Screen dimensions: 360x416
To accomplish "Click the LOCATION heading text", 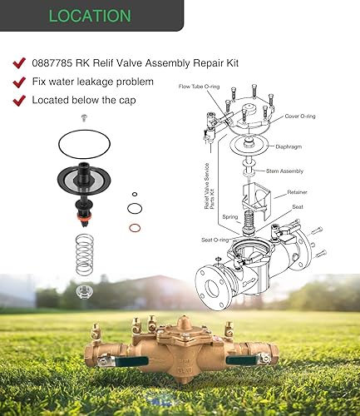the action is (90, 16).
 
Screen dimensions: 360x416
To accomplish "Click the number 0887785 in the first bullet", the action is (52, 63).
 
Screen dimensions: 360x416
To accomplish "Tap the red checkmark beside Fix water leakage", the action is (19, 82).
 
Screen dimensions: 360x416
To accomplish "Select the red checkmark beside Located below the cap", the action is (19, 101).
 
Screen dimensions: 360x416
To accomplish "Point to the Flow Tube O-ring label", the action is (199, 87).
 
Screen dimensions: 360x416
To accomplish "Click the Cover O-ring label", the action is (300, 116).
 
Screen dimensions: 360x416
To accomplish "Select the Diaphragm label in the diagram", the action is (288, 146).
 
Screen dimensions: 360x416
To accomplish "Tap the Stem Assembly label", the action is (284, 171).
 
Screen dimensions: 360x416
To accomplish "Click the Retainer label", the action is (297, 192).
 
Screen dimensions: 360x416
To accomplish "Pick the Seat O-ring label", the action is (215, 240).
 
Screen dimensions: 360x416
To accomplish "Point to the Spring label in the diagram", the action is (230, 217).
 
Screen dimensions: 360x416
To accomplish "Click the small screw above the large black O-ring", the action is (84, 118).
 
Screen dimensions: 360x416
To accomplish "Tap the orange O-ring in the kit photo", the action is (135, 228).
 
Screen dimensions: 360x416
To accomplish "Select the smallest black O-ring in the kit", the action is (135, 194).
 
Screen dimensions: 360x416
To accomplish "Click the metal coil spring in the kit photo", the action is (85, 255).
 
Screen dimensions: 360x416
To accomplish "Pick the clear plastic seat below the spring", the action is (84, 292).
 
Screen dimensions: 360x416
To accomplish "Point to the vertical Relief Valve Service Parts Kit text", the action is (210, 186).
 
